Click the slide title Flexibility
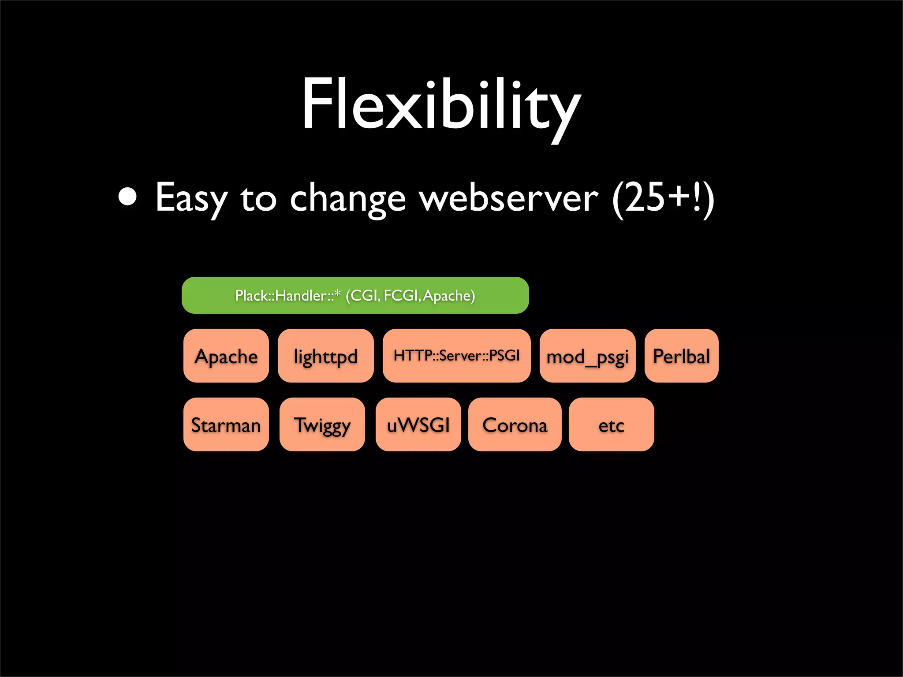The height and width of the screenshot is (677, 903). point(441,106)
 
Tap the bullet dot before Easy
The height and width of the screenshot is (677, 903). point(128,197)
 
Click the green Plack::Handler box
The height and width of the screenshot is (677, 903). point(355,295)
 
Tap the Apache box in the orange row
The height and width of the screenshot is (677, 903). point(226,356)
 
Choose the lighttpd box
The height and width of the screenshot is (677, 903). point(325,356)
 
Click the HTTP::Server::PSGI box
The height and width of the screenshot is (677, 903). point(456,356)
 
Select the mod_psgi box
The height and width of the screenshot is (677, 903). point(587,356)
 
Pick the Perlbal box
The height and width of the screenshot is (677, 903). point(681,356)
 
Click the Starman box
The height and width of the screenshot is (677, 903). point(226,424)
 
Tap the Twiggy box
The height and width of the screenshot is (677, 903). point(322,424)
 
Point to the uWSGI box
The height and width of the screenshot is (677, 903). point(418,424)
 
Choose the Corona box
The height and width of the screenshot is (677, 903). point(515,424)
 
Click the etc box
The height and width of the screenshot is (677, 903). point(611,424)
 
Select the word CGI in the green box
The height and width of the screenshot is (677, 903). point(364,295)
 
